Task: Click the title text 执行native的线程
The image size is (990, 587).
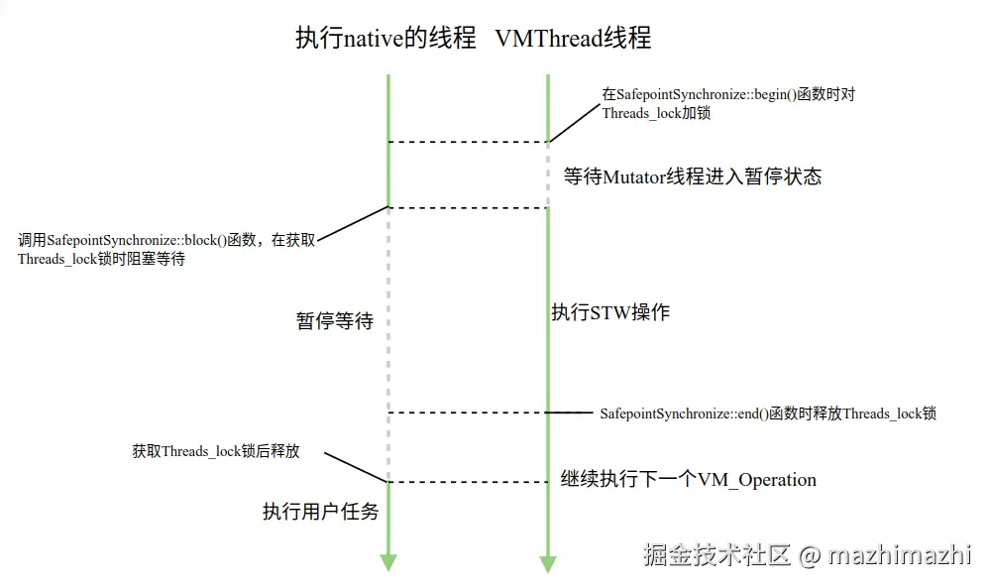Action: click(x=385, y=39)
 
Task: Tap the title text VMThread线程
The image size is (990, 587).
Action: click(x=573, y=39)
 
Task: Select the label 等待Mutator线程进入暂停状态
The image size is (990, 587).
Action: click(x=693, y=176)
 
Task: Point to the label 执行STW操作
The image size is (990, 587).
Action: click(x=610, y=312)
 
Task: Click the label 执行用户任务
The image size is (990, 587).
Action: click(x=320, y=512)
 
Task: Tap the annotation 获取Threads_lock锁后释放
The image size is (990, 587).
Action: click(x=216, y=451)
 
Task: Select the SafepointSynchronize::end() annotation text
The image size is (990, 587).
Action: click(x=768, y=413)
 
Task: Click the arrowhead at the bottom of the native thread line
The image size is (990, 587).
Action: click(x=388, y=562)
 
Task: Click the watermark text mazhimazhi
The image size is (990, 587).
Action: click(x=900, y=554)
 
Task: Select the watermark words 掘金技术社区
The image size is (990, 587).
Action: click(x=716, y=554)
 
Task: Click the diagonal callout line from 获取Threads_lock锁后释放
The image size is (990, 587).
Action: click(x=355, y=468)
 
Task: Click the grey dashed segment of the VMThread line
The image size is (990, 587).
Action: click(x=548, y=174)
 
